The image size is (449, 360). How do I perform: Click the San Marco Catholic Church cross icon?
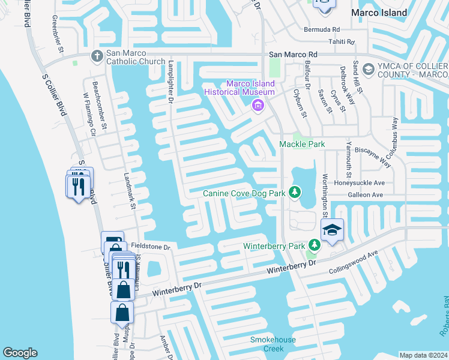click(97, 56)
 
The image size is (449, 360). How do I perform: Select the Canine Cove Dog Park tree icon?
click(295, 192)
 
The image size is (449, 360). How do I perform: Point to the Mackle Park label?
click(301, 145)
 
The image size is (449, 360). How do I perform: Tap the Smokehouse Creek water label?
click(273, 344)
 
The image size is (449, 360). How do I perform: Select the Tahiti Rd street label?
click(342, 42)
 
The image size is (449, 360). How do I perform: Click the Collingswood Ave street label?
click(354, 263)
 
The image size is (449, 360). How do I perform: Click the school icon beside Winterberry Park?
click(331, 230)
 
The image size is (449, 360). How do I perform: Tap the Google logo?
click(20, 353)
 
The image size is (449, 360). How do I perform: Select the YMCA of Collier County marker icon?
click(368, 70)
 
